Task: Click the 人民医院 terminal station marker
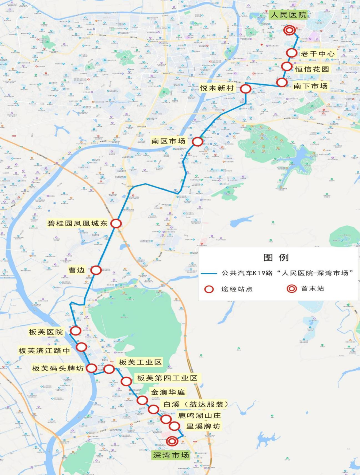click(289, 30)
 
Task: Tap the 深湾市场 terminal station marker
click(172, 441)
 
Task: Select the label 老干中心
click(317, 54)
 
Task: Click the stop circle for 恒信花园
click(287, 66)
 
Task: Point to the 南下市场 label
click(311, 86)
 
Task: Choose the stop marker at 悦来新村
click(246, 89)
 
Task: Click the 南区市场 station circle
click(197, 142)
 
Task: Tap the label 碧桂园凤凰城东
click(77, 223)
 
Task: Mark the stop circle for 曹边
click(96, 270)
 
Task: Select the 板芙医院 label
click(46, 332)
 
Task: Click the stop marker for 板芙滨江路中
click(81, 347)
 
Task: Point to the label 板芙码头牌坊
click(58, 368)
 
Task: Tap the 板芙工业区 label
click(140, 362)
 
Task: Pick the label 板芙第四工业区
click(167, 378)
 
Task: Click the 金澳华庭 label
click(168, 392)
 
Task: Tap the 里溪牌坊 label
click(203, 426)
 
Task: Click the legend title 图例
click(276, 257)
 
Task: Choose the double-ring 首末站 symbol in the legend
click(292, 288)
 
